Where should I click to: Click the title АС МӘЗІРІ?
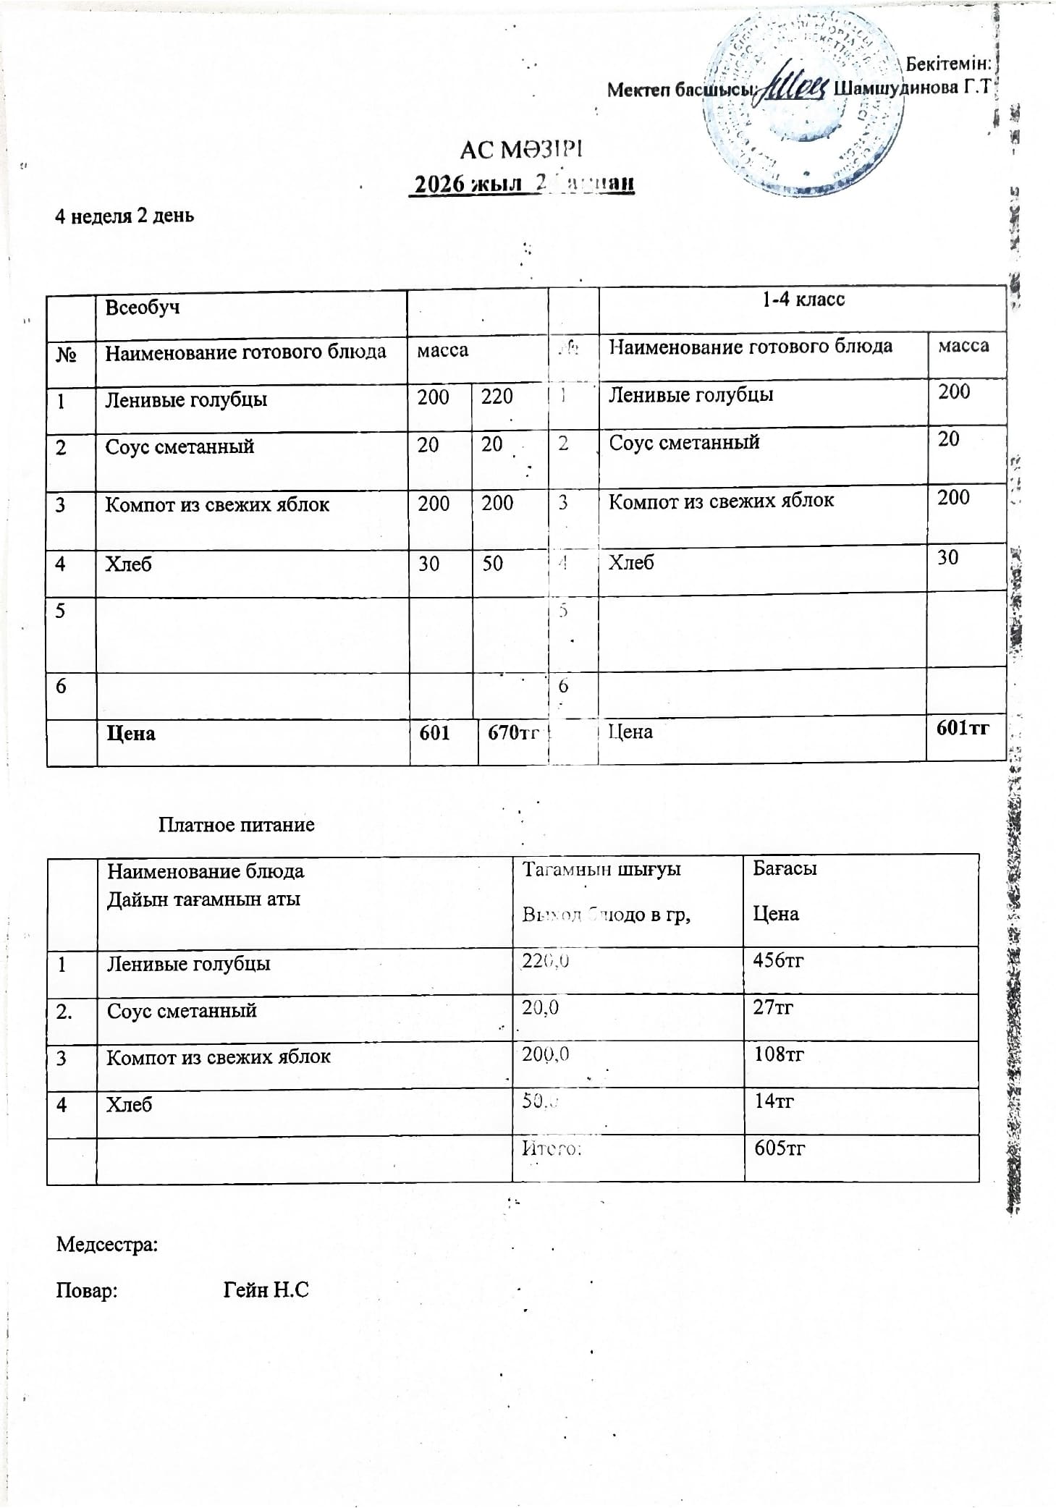pos(521,150)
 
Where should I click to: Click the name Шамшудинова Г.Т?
pos(911,88)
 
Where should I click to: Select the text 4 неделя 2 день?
pos(124,216)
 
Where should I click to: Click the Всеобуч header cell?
pos(143,308)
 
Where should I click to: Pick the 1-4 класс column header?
pos(803,300)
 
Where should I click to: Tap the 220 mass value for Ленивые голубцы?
pos(497,397)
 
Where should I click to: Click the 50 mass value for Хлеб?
pos(492,563)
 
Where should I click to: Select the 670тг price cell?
pos(512,733)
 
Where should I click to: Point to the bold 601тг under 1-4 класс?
pos(962,728)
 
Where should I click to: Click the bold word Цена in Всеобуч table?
pos(131,734)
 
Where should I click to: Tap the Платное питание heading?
pos(236,825)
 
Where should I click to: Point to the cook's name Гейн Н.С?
pos(266,1289)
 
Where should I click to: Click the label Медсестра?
pos(107,1245)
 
